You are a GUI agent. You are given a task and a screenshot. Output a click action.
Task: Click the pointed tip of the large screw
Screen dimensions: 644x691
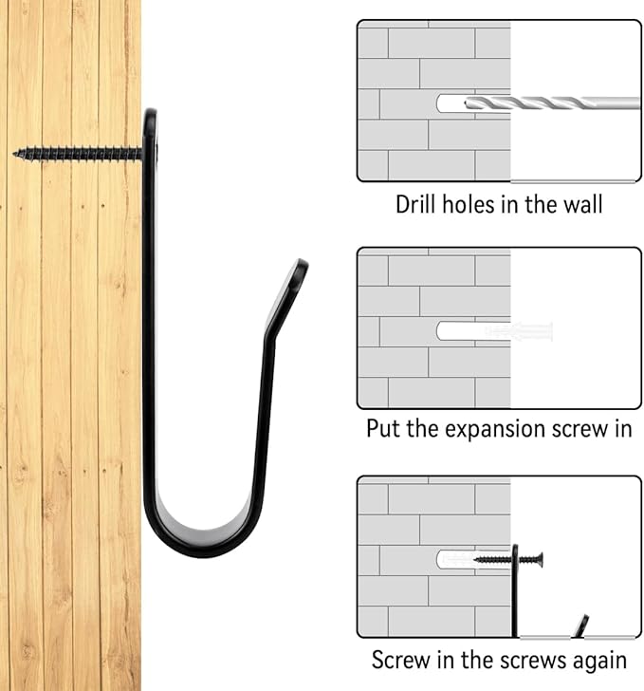[x=14, y=154]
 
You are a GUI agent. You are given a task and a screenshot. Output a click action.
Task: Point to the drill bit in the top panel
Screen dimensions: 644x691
[x=552, y=103]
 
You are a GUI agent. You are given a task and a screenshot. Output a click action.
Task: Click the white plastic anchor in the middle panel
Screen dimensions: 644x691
[x=519, y=331]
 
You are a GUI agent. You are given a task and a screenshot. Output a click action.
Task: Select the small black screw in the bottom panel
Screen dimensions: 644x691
[x=507, y=560]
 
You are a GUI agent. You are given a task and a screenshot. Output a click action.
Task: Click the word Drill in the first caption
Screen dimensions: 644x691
[x=414, y=205]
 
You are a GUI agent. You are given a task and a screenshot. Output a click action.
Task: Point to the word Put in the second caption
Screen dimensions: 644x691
[x=383, y=428]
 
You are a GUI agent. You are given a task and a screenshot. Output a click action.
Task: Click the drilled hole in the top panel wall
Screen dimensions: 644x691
[x=451, y=103]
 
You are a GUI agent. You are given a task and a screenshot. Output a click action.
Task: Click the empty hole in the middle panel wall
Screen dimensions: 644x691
[x=461, y=331]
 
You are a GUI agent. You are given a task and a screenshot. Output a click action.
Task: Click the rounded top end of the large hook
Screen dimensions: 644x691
[x=151, y=116]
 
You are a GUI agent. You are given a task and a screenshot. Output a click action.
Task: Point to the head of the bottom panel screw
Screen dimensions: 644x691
[x=540, y=560]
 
